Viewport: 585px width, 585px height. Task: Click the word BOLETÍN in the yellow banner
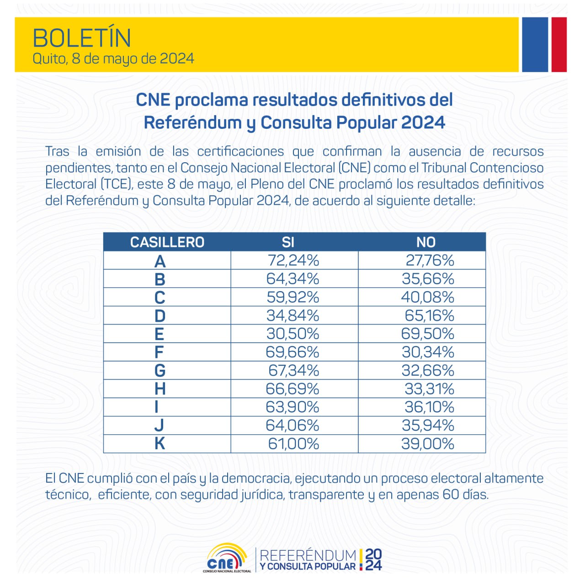[x=82, y=38]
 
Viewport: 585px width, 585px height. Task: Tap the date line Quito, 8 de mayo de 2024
[x=113, y=59]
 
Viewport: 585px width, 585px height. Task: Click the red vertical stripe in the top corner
[x=559, y=44]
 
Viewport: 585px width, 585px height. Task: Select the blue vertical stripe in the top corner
[x=535, y=44]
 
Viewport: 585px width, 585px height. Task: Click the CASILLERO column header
[x=167, y=242]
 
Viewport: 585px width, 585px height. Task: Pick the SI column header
[x=288, y=242]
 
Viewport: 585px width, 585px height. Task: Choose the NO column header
[x=425, y=242]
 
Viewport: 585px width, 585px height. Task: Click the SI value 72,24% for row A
[x=293, y=261]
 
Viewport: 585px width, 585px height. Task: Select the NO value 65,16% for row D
[x=429, y=315]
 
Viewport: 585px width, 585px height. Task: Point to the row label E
[x=159, y=334]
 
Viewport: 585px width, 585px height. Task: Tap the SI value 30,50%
[x=293, y=334]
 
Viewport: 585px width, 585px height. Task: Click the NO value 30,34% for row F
[x=428, y=352]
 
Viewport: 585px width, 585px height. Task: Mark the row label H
[x=160, y=389]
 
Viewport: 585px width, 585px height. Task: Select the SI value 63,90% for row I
[x=293, y=407]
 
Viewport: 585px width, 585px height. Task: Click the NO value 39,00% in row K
[x=428, y=443]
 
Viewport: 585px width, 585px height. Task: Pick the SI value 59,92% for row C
[x=293, y=297]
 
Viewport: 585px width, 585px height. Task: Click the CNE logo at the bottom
[x=227, y=558]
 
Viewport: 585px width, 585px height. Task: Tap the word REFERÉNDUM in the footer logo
[x=308, y=555]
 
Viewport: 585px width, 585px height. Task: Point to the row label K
[x=160, y=443]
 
